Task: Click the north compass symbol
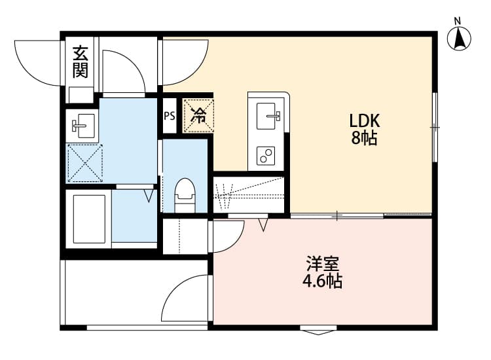point(460,38)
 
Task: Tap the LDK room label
point(365,121)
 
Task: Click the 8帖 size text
point(365,139)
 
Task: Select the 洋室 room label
point(322,265)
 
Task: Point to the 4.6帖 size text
point(322,282)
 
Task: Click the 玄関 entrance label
point(81,62)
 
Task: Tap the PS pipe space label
point(170,117)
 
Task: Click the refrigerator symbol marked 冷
point(198,115)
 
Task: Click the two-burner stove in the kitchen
point(266,156)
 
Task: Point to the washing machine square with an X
point(84,163)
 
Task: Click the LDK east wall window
point(435,126)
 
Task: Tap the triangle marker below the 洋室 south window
point(318,331)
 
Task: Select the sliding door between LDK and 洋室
point(337,215)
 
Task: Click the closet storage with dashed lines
point(249,192)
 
